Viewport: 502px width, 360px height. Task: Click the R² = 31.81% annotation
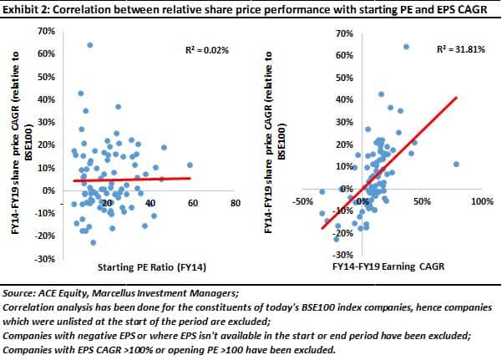458,50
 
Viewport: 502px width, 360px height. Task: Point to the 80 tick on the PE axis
235,203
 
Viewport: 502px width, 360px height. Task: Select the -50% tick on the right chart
302,202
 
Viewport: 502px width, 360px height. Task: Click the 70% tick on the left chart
48,30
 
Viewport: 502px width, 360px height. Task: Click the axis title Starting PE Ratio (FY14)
150,266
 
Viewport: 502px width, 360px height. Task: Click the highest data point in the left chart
89,44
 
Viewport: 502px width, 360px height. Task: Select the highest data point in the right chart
407,47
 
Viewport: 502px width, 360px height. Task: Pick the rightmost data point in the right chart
456,164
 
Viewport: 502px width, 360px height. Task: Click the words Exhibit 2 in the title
27,9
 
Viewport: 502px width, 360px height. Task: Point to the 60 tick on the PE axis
192,203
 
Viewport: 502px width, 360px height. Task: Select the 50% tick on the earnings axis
421,202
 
